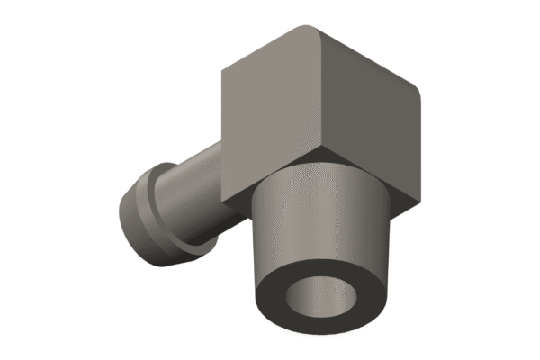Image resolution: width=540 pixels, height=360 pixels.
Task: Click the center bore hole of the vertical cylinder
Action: [322, 297]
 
